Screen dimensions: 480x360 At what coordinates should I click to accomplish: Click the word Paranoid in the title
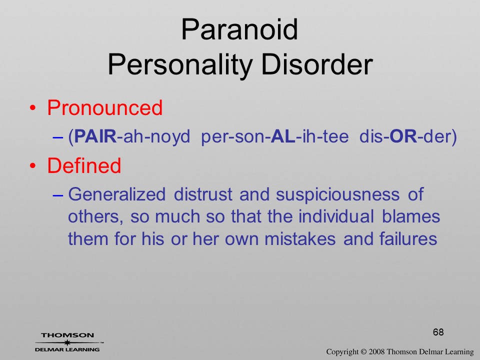point(239,29)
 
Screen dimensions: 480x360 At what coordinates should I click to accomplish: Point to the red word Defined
point(84,165)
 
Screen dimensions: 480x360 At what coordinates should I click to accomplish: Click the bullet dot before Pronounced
point(33,108)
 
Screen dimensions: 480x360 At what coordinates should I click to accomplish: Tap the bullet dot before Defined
point(33,166)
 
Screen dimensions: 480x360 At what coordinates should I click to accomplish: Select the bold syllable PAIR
point(95,136)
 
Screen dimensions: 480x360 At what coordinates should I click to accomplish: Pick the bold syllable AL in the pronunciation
point(283,136)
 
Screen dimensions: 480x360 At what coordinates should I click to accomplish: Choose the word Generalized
point(116,194)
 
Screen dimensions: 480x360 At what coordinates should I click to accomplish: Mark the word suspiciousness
point(337,195)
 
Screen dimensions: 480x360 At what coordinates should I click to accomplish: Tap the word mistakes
point(300,239)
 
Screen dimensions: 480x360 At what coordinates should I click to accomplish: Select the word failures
point(408,239)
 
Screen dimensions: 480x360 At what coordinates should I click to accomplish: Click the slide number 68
point(438,332)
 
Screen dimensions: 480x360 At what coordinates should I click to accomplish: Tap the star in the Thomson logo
point(66,342)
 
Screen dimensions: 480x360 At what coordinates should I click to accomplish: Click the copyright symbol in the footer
point(363,351)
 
